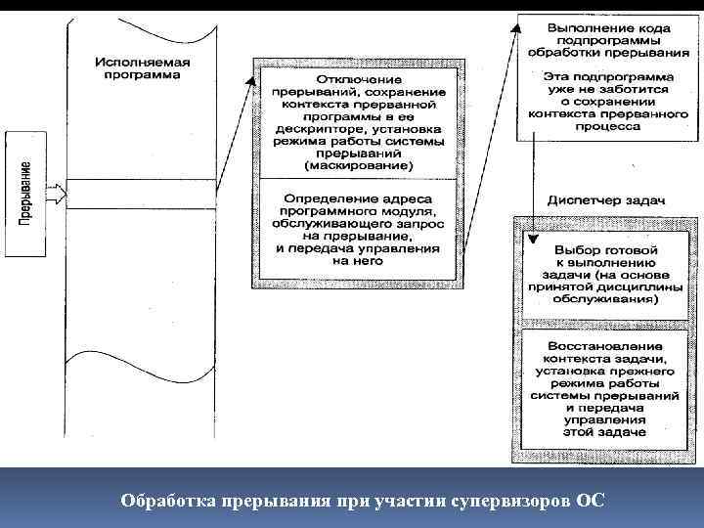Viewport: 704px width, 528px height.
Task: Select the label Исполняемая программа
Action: [x=143, y=68]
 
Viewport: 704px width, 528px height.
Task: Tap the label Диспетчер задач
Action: [x=606, y=199]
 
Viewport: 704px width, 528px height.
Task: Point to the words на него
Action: [x=358, y=261]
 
